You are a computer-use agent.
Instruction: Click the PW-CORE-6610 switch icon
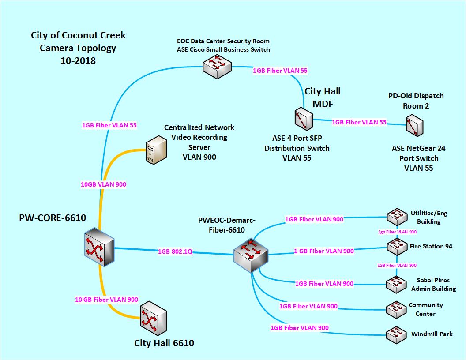pyautogui.click(x=99, y=247)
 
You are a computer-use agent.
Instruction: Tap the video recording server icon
pyautogui.click(x=156, y=148)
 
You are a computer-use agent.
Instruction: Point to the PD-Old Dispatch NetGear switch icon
pyautogui.click(x=415, y=125)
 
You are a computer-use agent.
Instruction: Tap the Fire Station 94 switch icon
pyautogui.click(x=396, y=246)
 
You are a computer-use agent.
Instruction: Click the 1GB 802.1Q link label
pyautogui.click(x=174, y=252)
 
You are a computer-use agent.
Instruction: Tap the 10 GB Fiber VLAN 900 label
pyautogui.click(x=106, y=300)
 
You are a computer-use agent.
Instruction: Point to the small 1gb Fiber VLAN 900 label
pyautogui.click(x=398, y=232)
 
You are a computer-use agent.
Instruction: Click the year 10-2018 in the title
pyautogui.click(x=78, y=60)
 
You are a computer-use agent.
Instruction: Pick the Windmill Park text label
pyautogui.click(x=432, y=334)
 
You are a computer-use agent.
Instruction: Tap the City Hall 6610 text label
pyautogui.click(x=164, y=343)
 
